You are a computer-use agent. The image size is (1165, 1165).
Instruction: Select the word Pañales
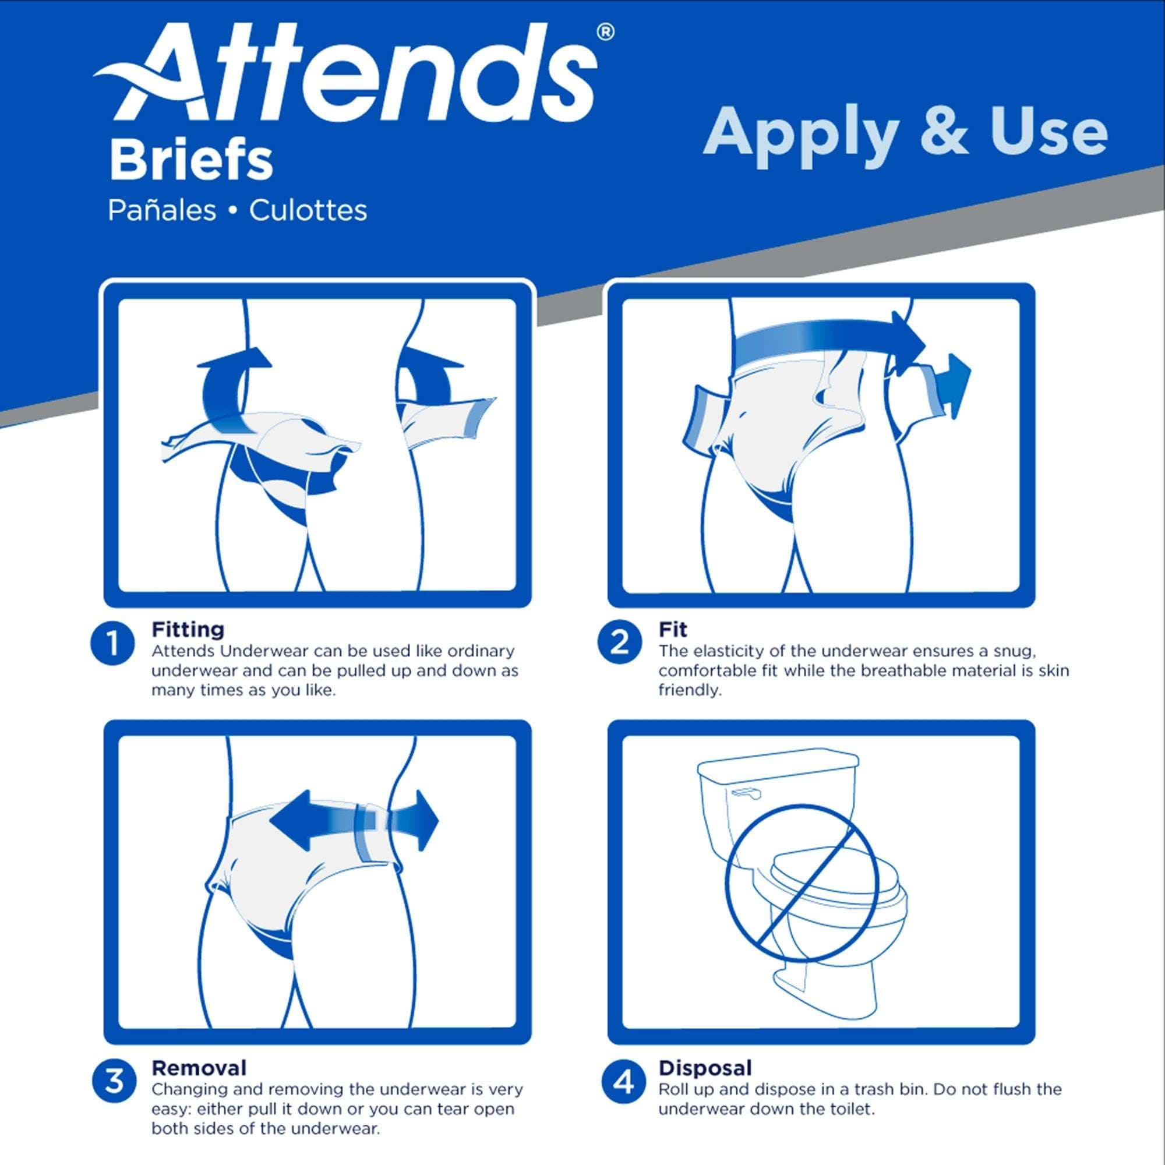161,210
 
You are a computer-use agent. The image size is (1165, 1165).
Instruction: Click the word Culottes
308,210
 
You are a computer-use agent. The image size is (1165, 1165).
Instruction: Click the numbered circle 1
113,644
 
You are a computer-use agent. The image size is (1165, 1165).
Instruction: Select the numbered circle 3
114,1081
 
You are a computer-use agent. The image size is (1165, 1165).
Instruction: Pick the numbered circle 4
623,1082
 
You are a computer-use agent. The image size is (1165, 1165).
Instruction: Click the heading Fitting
188,630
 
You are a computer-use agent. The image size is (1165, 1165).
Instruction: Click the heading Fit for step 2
672,630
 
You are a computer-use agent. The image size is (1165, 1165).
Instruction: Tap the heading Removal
199,1068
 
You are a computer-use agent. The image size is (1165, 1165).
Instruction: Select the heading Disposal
705,1068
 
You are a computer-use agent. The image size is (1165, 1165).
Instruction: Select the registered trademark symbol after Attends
605,32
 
